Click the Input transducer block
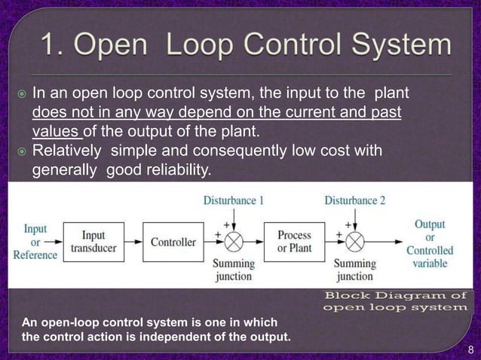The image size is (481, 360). [x=93, y=242]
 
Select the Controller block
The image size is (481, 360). [x=173, y=242]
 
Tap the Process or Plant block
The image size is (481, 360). [x=293, y=242]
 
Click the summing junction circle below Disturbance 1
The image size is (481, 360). [x=234, y=242]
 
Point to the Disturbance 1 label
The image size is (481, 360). [x=234, y=200]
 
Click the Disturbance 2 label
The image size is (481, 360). [x=354, y=200]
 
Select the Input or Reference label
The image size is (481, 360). [x=35, y=241]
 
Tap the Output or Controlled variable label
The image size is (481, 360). [x=430, y=244]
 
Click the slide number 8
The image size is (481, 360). [x=470, y=349]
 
